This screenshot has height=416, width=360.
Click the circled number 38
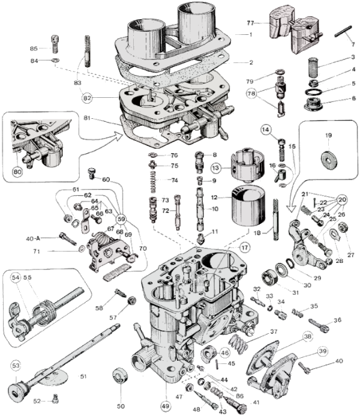point(307,338)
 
